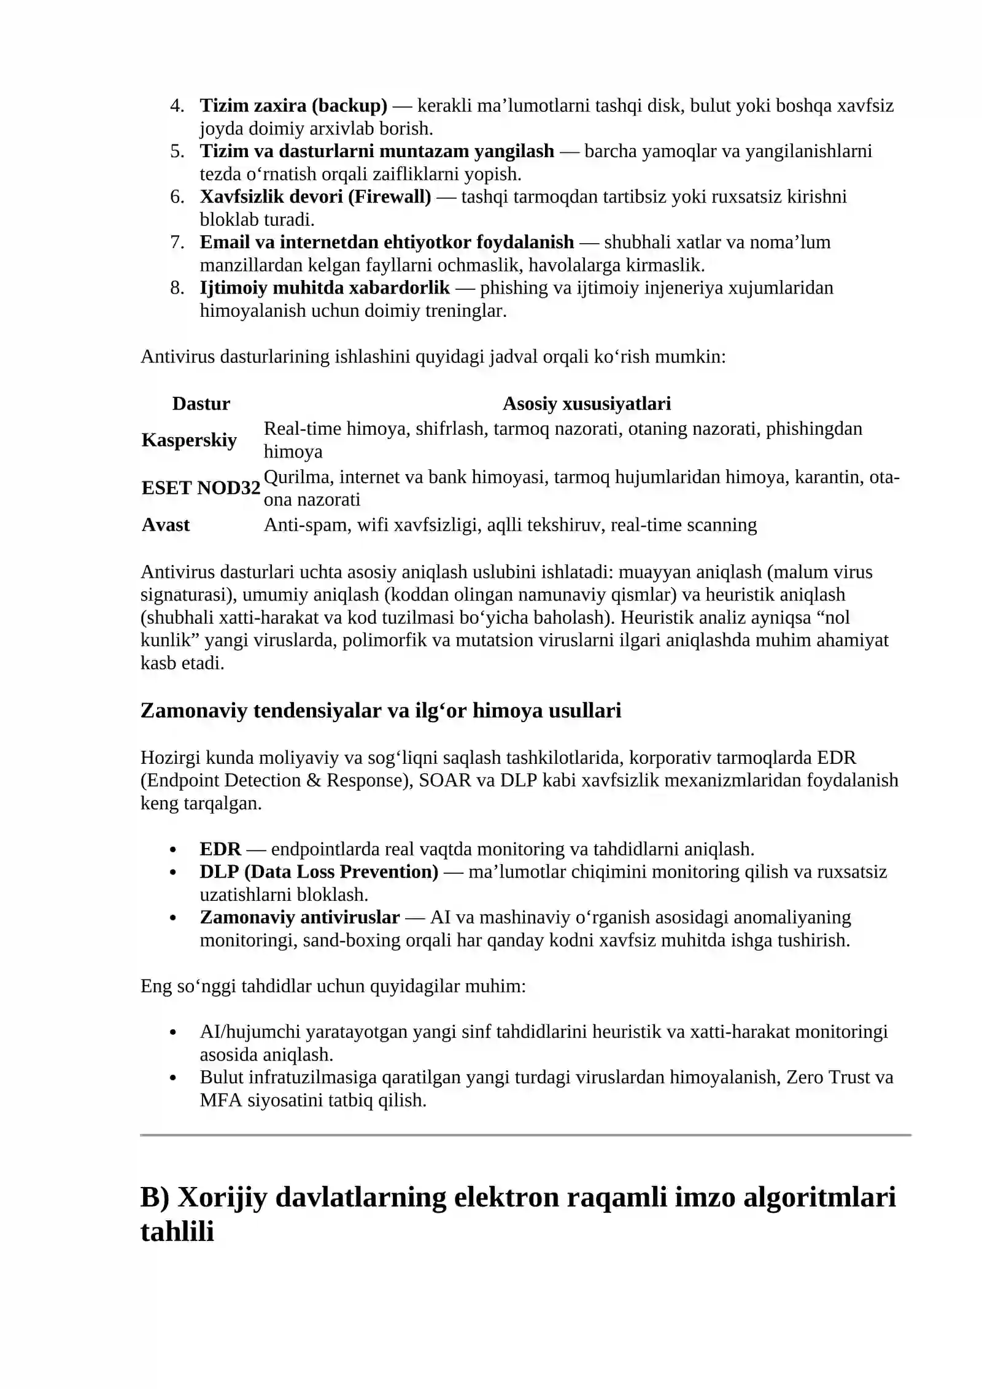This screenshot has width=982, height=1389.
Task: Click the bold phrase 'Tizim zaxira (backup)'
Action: point(293,106)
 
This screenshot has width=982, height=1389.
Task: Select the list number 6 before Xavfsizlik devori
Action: point(177,196)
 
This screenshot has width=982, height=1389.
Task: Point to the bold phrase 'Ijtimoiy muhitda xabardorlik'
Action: point(325,287)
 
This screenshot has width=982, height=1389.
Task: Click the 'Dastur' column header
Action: point(201,403)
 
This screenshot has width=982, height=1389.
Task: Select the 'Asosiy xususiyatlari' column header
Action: point(586,403)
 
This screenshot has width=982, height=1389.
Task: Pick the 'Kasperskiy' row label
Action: point(189,440)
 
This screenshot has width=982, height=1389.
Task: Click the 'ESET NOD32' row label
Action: point(201,488)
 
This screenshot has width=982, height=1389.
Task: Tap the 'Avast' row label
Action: point(166,525)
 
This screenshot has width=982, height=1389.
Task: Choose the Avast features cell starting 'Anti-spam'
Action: point(510,525)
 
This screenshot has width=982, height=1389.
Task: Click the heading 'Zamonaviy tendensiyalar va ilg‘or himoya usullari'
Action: point(381,710)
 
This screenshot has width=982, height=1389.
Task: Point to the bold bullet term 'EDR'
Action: point(220,849)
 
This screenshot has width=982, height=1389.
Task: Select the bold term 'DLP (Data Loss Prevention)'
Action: point(319,872)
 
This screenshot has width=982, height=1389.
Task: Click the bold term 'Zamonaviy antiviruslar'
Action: point(300,917)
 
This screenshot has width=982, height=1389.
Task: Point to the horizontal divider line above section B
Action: point(525,1135)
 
